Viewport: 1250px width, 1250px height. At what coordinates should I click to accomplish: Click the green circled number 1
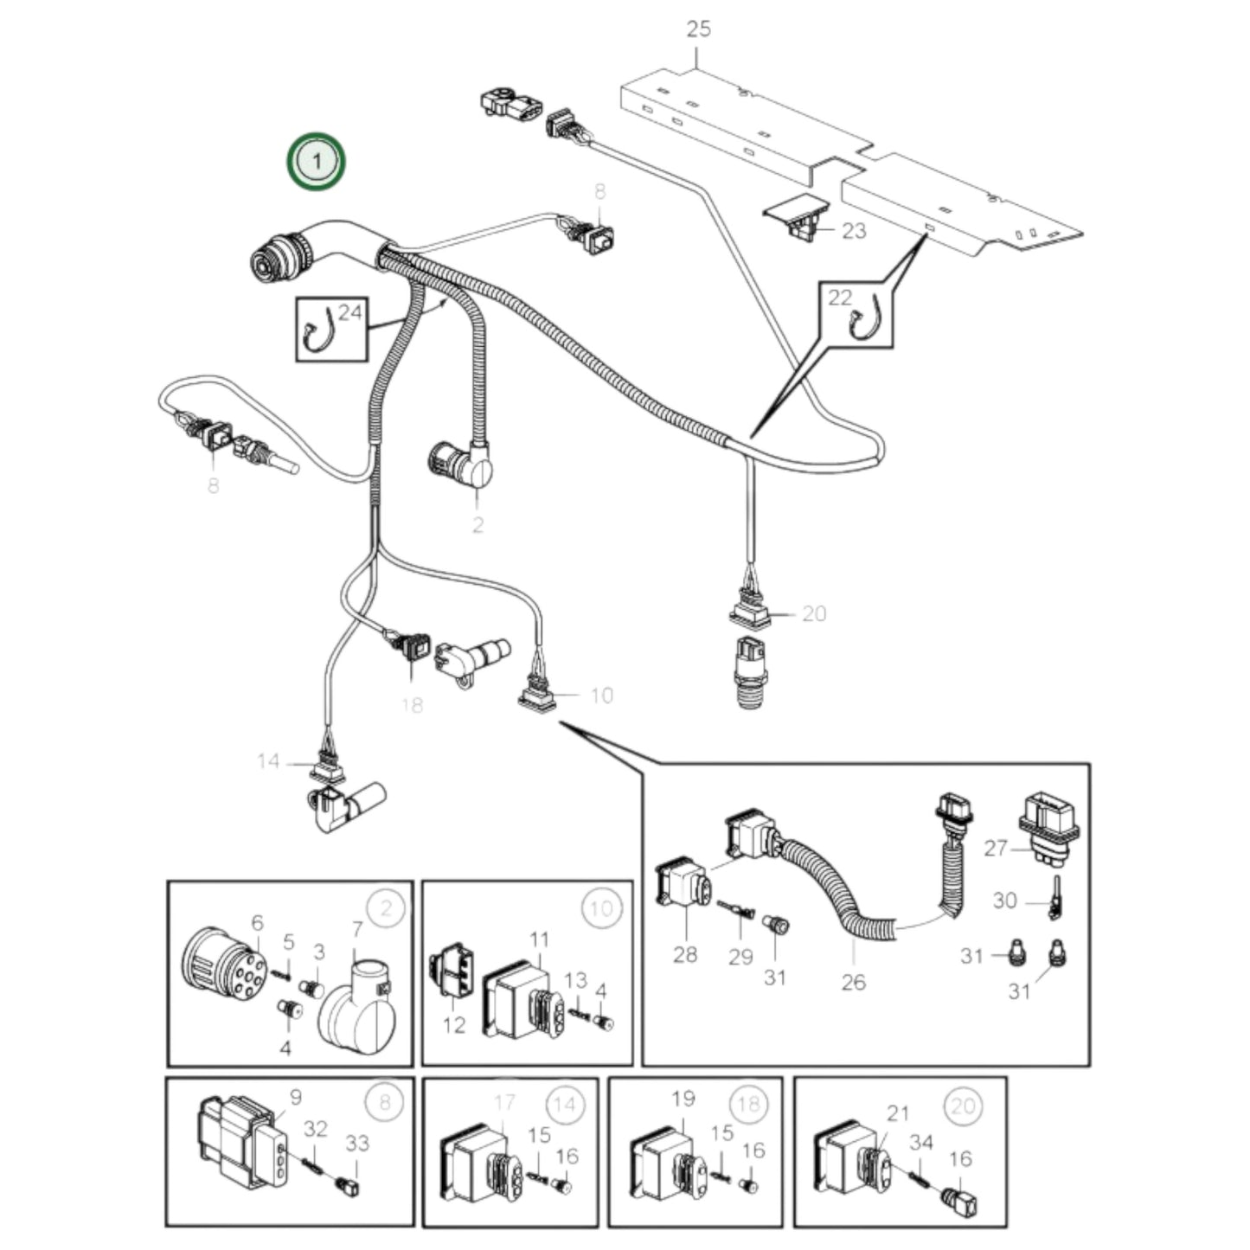(317, 161)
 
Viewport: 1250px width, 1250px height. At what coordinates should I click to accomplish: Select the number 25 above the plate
(698, 29)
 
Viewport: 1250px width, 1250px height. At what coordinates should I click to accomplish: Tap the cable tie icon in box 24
(317, 333)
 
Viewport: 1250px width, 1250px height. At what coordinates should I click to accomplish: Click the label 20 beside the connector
(814, 613)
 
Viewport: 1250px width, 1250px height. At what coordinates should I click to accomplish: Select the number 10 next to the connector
(601, 695)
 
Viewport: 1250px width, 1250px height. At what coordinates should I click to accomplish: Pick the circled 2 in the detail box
(386, 908)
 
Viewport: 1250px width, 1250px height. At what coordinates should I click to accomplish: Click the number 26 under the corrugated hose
(853, 982)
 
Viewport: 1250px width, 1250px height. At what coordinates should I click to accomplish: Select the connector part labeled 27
(1048, 825)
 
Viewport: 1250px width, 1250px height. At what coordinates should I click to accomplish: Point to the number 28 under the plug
(684, 954)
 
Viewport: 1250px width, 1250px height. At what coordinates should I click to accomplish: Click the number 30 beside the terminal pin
(1004, 901)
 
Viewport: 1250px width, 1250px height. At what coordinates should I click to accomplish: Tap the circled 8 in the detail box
(385, 1102)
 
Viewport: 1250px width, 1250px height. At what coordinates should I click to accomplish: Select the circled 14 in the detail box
(564, 1105)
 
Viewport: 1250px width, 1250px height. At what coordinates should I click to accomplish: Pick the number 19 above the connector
(683, 1099)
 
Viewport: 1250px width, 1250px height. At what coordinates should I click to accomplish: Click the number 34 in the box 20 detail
(921, 1143)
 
